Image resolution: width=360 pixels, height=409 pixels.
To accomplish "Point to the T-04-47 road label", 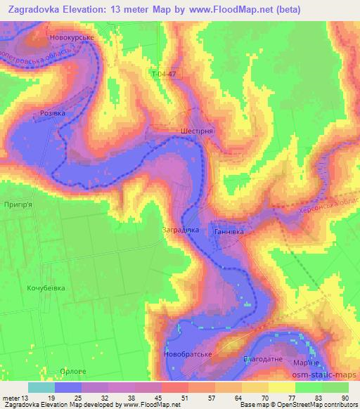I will (163, 72).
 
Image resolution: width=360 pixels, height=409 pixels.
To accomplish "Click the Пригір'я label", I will (19, 203).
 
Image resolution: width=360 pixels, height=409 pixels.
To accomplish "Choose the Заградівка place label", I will (181, 230).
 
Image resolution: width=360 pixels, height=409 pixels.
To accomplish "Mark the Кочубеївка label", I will (46, 288).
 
